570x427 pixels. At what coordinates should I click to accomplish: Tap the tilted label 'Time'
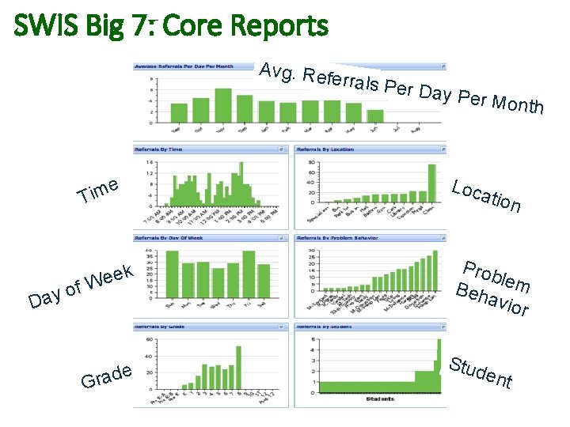pos(98,191)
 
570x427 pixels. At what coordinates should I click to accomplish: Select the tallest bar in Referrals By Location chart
pos(431,184)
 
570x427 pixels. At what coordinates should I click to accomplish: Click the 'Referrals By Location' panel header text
pos(325,149)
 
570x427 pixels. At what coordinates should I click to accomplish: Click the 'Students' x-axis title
pos(380,399)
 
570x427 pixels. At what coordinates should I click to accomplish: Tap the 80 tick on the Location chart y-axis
pos(311,162)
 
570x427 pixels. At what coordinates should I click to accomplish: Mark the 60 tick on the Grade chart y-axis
pos(150,340)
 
